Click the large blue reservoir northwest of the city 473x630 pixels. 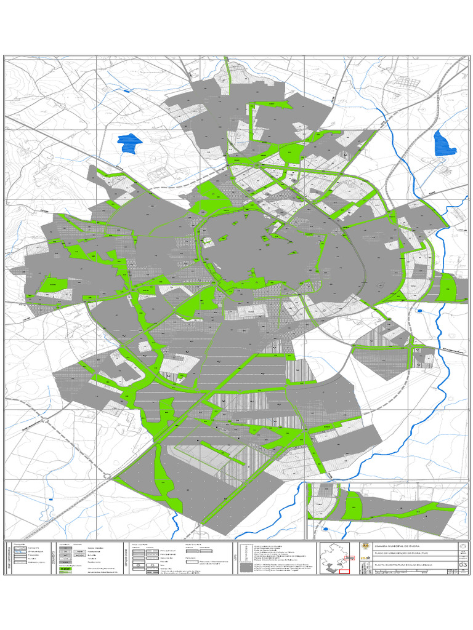point(129,142)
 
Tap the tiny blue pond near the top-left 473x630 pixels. point(127,91)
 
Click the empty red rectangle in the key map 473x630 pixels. point(344,571)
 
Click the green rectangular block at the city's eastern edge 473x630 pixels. point(447,287)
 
